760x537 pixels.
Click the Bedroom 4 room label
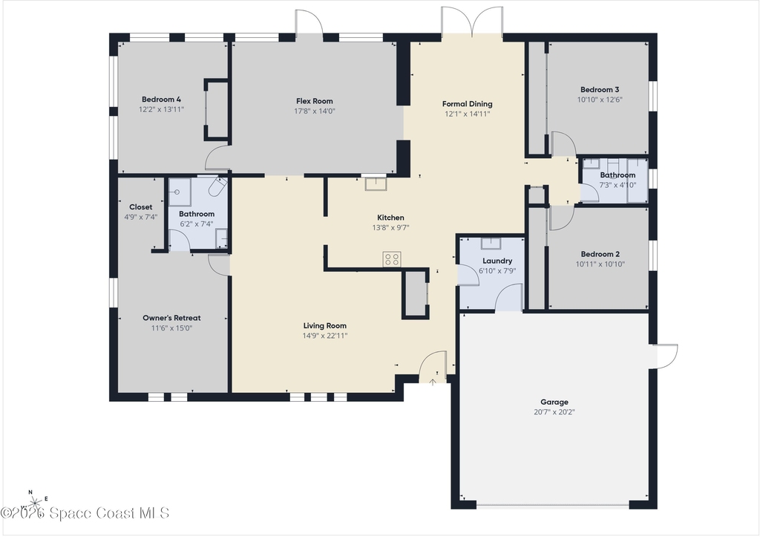(x=161, y=100)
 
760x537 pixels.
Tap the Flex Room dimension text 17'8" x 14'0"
(x=315, y=111)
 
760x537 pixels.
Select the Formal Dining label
(x=468, y=104)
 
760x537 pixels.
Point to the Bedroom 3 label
(x=600, y=90)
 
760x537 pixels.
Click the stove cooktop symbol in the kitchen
(x=392, y=259)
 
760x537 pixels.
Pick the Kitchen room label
(x=390, y=218)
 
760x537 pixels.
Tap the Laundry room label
(x=497, y=261)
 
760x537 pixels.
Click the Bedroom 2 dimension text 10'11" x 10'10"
(x=600, y=264)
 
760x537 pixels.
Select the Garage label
(x=554, y=402)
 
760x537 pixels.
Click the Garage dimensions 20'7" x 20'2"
(x=554, y=412)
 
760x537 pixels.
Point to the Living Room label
(x=325, y=326)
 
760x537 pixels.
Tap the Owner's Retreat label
(x=171, y=318)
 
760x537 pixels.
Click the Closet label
(x=140, y=207)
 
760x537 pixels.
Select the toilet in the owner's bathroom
(x=217, y=186)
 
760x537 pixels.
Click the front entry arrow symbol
(x=433, y=381)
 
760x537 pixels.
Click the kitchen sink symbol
(x=376, y=184)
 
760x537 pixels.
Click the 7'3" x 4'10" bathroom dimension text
(x=617, y=185)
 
